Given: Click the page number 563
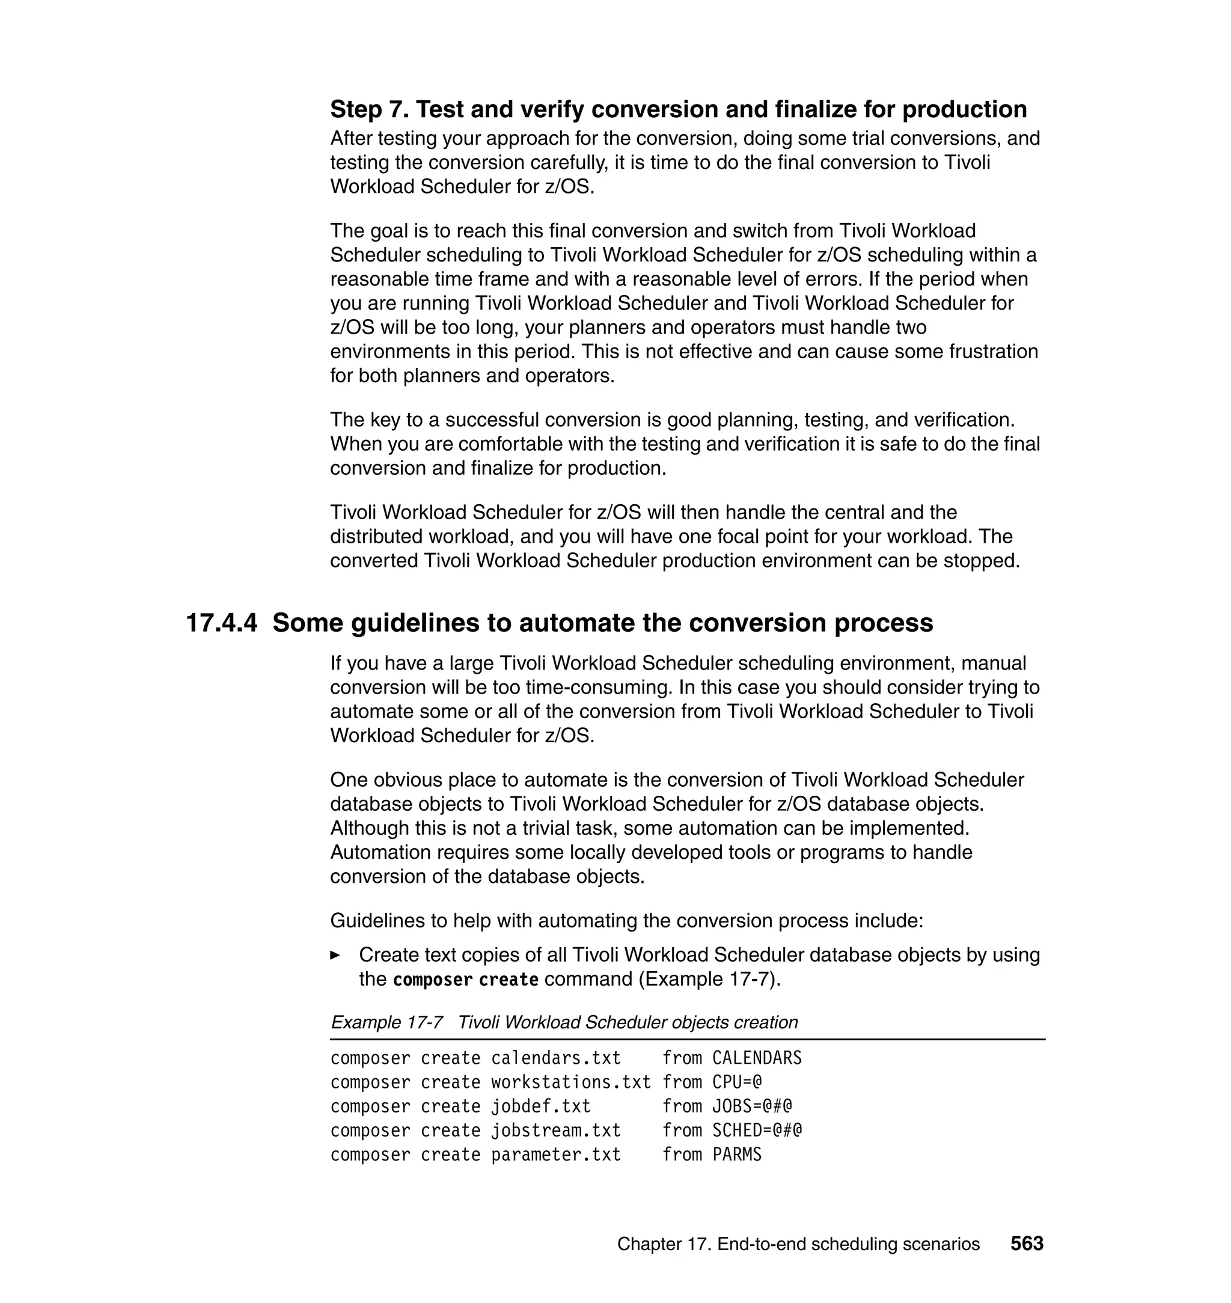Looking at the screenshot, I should click(1026, 1243).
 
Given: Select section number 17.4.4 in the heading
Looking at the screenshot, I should click(222, 623).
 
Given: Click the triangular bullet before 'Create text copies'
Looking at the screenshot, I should click(335, 955).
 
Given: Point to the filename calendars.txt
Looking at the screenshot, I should click(556, 1058).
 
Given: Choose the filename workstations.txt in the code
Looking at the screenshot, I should click(571, 1082).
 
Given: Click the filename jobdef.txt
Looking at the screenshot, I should click(541, 1106).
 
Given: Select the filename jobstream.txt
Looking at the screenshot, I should click(556, 1131).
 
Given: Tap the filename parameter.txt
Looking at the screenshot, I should click(556, 1155).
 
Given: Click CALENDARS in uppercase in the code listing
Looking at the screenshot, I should click(757, 1058).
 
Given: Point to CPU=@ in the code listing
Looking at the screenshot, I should click(737, 1082).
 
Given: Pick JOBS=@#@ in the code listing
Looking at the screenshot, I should click(752, 1106).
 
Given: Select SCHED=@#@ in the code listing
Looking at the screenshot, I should click(757, 1131).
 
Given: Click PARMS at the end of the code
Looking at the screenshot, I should click(737, 1155).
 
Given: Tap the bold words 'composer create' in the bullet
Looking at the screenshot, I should click(465, 980).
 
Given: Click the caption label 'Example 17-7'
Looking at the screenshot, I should click(386, 1022).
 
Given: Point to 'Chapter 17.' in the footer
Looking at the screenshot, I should click(664, 1244).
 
